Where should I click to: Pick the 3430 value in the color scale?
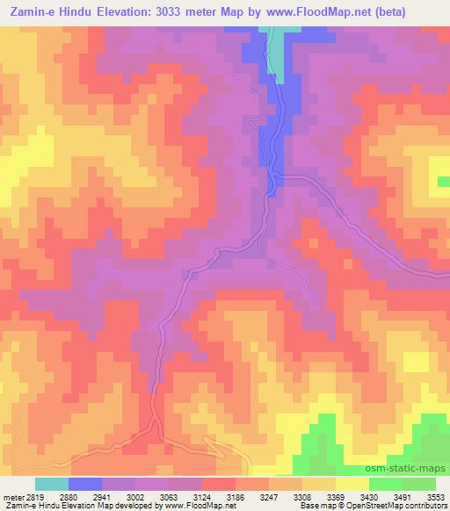click(x=368, y=496)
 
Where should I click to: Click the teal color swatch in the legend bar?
click(x=52, y=484)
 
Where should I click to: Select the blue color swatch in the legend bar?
click(x=85, y=484)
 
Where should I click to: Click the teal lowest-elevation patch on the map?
click(x=277, y=53)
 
